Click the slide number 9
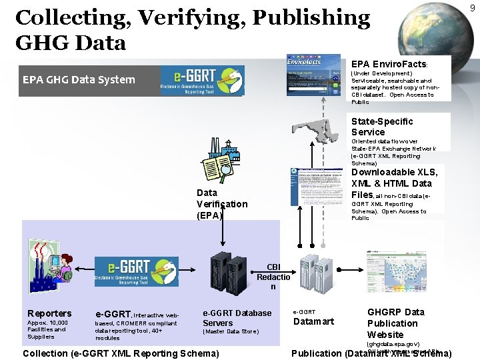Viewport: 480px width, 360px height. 472,7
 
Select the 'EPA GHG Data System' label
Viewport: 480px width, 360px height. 79,80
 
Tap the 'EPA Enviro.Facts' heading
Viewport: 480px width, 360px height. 389,64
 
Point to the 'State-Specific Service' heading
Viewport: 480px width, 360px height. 382,127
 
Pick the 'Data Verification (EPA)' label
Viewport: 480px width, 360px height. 221,204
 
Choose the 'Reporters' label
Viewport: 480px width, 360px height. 49,313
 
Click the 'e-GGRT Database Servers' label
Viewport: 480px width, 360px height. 237,318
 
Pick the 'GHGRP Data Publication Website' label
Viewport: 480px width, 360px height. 395,323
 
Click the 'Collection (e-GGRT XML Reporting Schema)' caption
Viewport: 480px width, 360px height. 121,353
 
